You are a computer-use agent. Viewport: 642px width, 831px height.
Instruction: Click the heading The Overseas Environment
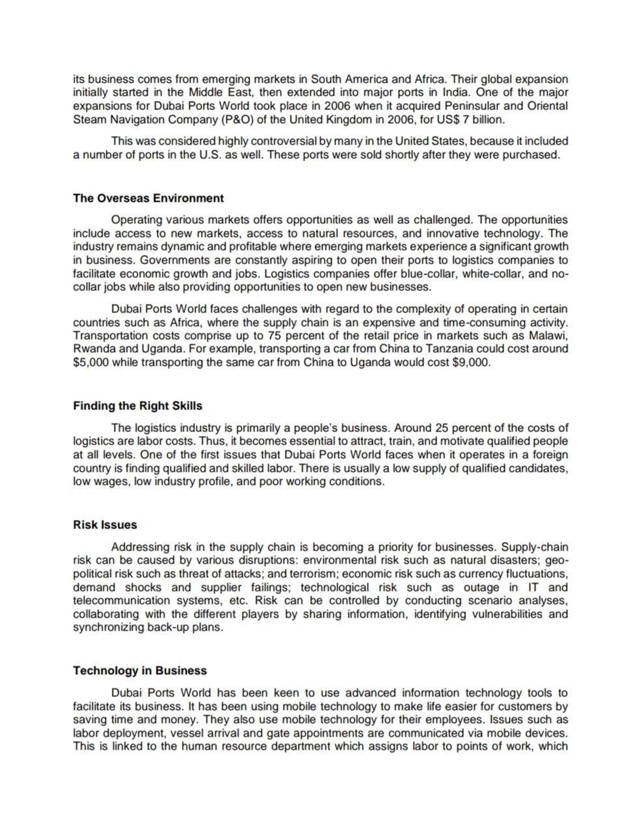pyautogui.click(x=148, y=198)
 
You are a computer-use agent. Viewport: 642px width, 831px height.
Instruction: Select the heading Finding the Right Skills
pyautogui.click(x=137, y=405)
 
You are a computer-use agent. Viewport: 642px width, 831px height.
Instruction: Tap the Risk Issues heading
pyautogui.click(x=105, y=524)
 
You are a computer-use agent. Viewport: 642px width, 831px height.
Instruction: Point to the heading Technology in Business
pyautogui.click(x=140, y=670)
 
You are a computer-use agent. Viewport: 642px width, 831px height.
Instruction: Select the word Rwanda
pyautogui.click(x=91, y=349)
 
